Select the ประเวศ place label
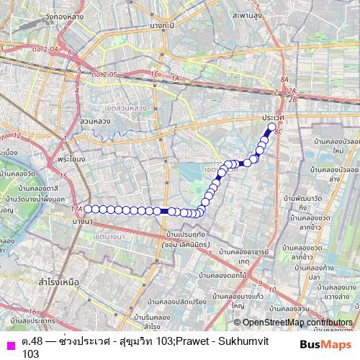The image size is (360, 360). [274, 117]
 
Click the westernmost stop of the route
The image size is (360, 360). [88, 209]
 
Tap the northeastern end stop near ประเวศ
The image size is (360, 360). [272, 128]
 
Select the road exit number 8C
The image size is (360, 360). [279, 132]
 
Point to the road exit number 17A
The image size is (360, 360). [76, 208]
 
